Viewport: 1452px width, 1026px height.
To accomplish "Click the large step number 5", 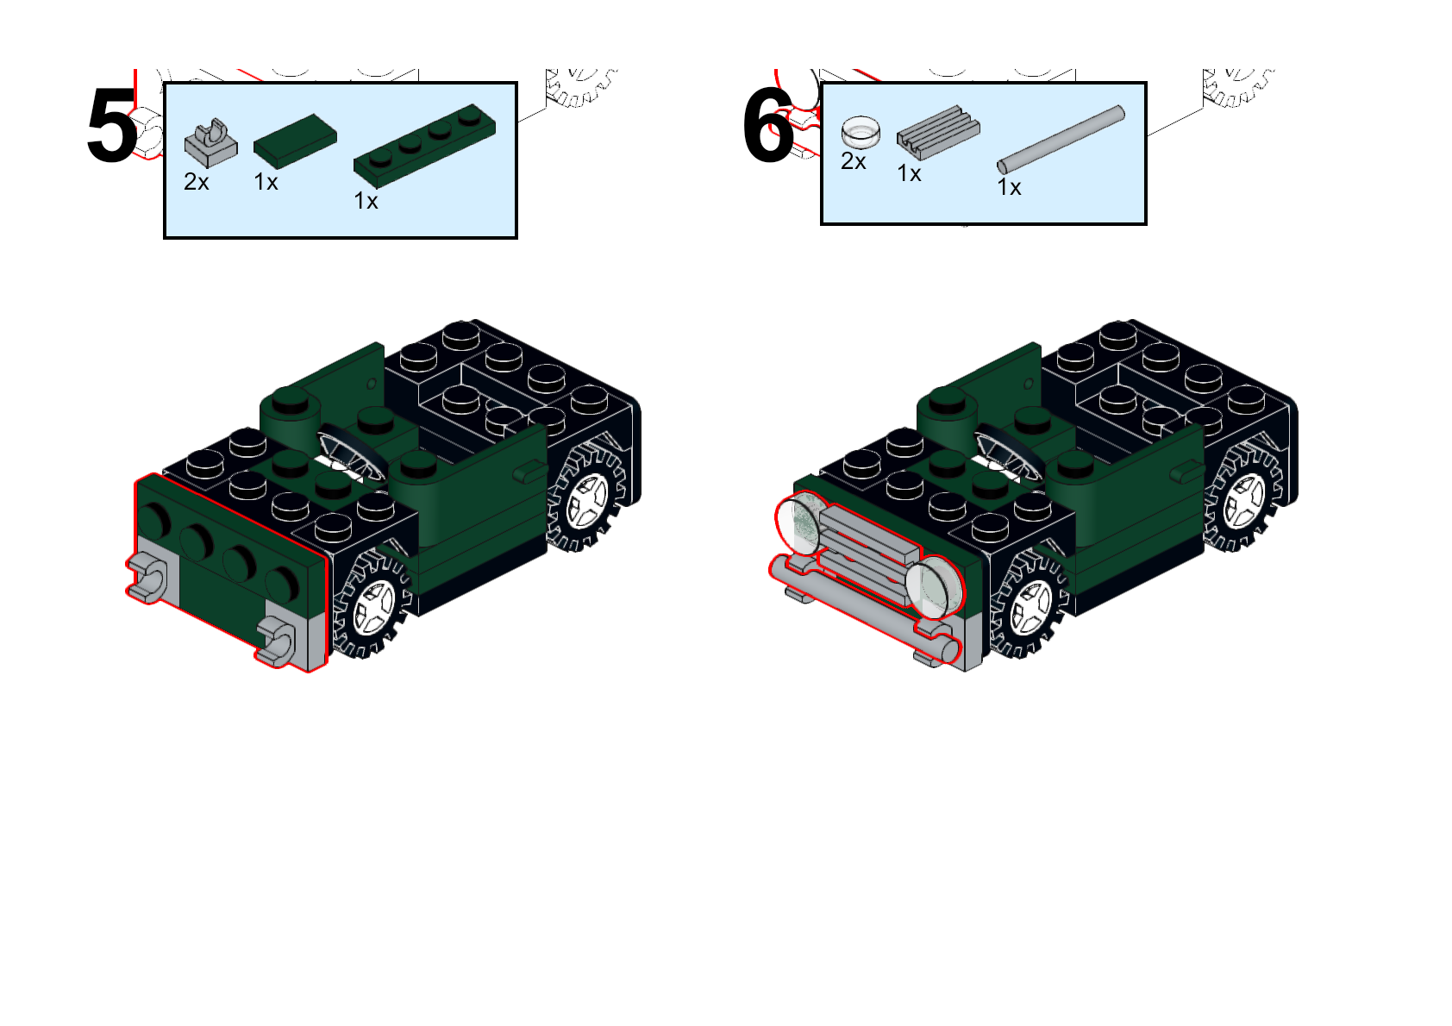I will [x=112, y=128].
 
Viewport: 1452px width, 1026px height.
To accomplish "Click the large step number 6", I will [x=768, y=128].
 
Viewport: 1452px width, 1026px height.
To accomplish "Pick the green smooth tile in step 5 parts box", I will [x=295, y=141].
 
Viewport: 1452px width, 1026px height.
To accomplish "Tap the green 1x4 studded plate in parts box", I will [x=424, y=145].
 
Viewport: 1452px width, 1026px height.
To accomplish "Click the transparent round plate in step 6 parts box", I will [x=861, y=132].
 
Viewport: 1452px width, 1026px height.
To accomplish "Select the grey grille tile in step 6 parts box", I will [x=938, y=132].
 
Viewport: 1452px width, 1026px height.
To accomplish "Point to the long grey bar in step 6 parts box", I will [x=1061, y=140].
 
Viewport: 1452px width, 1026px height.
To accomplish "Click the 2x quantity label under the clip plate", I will [x=197, y=182].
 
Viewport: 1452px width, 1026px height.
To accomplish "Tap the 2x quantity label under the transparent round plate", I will [x=854, y=161].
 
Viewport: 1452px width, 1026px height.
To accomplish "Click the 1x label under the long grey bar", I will [x=1009, y=187].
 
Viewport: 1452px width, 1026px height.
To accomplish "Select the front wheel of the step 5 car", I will [x=374, y=604].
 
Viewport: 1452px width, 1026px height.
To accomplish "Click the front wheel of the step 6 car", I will [x=1031, y=604].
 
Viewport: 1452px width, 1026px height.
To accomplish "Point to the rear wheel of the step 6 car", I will [x=1245, y=498].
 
